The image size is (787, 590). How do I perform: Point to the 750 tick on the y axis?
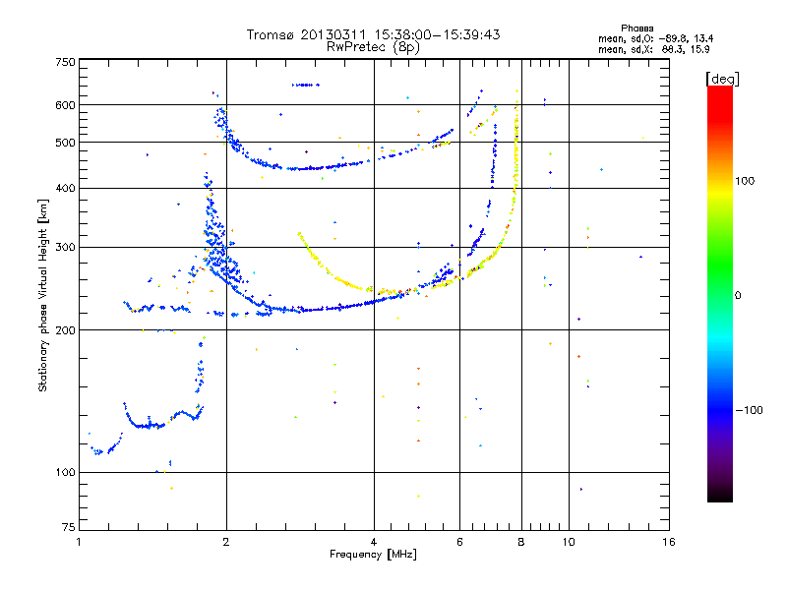(x=65, y=62)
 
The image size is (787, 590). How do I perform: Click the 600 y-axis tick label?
(x=65, y=104)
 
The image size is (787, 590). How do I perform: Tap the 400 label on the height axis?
(x=65, y=188)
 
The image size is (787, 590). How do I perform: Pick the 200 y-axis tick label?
(x=65, y=329)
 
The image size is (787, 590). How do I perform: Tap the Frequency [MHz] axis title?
(x=374, y=556)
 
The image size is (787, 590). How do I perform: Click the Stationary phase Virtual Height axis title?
(x=43, y=297)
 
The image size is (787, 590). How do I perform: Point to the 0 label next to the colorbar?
(x=739, y=295)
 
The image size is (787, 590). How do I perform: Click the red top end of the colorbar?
(x=719, y=90)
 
